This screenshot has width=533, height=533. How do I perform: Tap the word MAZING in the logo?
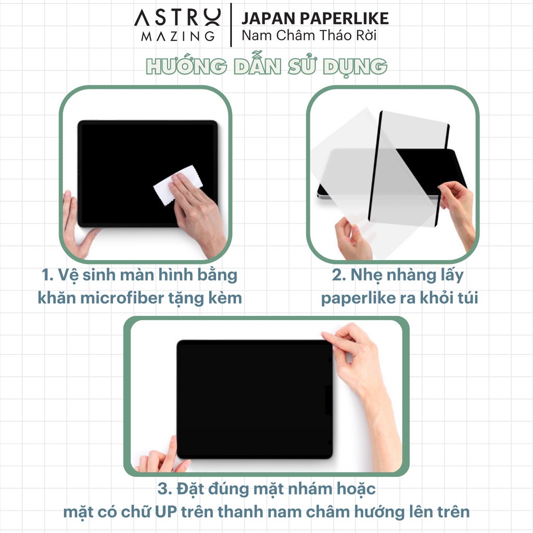point(178,36)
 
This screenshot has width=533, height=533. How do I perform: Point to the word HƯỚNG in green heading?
point(186,66)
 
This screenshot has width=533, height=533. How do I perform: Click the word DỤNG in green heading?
point(355,67)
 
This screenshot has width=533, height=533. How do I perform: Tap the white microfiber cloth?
point(177,185)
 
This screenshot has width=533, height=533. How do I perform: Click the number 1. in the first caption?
point(47,275)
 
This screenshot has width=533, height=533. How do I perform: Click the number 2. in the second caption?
point(338,275)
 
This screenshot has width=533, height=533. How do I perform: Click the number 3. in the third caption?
point(165,489)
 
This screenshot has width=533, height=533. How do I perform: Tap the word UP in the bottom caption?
point(166,512)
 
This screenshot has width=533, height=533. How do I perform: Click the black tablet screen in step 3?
point(254,399)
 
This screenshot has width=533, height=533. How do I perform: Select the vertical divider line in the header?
point(231,25)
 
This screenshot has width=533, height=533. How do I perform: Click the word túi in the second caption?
point(468,298)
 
